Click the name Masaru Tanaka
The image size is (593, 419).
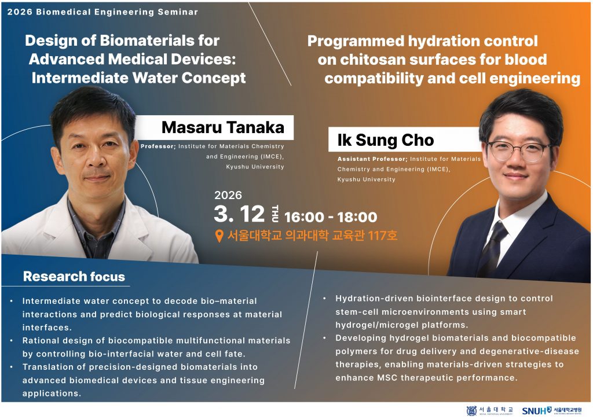point(223,127)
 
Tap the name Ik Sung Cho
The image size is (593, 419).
point(385,140)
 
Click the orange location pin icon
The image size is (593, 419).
point(219,236)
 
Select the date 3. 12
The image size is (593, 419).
point(239,214)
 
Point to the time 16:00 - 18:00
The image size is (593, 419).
point(331,217)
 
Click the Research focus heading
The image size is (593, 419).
point(74,276)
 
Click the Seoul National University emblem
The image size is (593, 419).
point(471,411)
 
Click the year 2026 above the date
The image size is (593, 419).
point(228,195)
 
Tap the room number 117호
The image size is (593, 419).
point(382,236)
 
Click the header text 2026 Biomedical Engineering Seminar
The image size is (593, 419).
point(103,12)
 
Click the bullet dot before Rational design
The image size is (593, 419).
point(12,340)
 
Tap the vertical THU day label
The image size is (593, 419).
point(275,214)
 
